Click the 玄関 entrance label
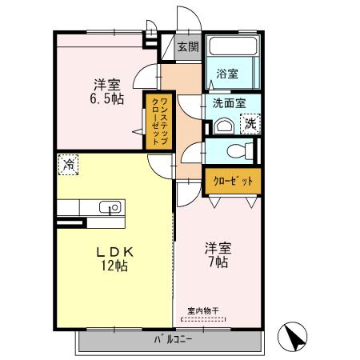click(187, 47)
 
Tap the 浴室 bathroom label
click(227, 74)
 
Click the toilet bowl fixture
click(238, 150)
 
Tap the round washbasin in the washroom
click(223, 126)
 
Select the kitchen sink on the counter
click(113, 207)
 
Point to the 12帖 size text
click(115, 266)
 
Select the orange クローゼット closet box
click(233, 182)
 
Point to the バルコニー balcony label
click(173, 339)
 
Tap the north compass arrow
click(294, 337)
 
